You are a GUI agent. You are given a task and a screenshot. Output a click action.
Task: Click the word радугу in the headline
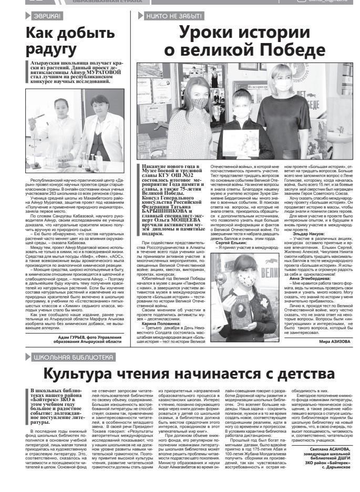pyautogui.click(x=52, y=49)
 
